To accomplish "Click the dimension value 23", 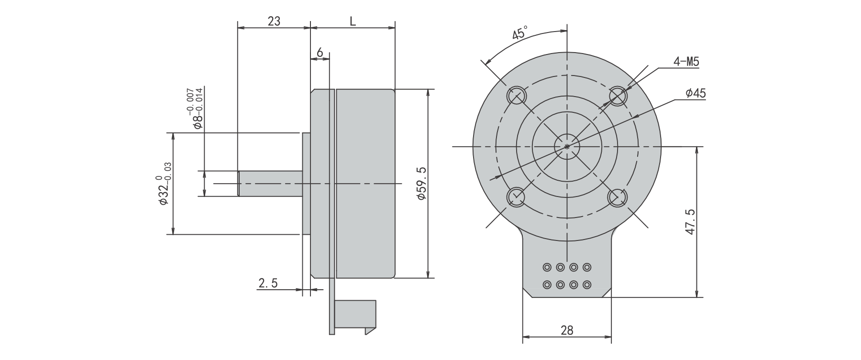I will [274, 21].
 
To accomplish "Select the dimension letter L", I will [353, 21].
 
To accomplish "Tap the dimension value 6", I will [320, 52].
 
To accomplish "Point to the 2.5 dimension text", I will [268, 283].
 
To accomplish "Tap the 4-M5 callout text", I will [686, 62].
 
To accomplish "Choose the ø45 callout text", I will [695, 94].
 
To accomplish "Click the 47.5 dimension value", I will [689, 221].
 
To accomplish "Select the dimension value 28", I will [567, 330].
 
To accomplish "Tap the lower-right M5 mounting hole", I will [617, 196].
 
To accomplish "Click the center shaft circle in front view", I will [567, 146].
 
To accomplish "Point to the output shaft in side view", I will [271, 183].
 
